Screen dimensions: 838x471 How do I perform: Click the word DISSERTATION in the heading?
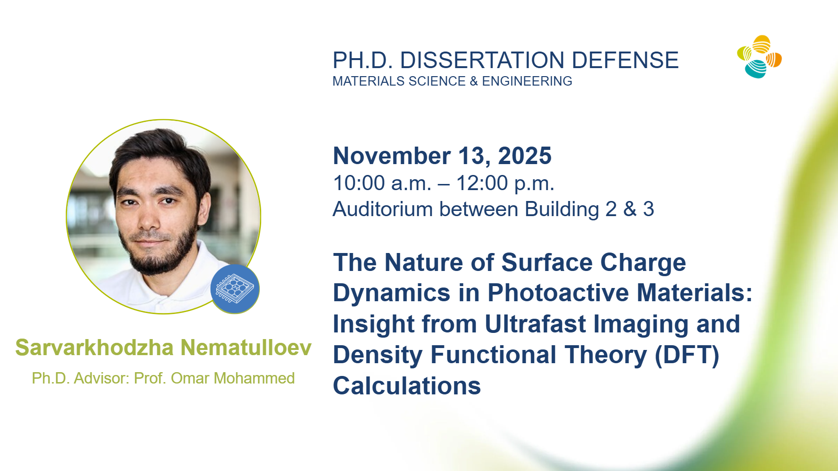[x=482, y=61]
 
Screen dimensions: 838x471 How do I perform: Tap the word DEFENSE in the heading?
[x=625, y=61]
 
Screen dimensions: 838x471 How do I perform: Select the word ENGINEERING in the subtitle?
[x=527, y=81]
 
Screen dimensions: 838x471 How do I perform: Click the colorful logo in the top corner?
[x=759, y=57]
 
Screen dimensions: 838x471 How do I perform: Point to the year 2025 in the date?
[x=525, y=156]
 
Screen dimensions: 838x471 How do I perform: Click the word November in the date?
[x=392, y=156]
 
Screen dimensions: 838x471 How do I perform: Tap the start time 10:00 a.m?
[x=382, y=183]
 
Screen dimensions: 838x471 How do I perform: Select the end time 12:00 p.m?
[x=505, y=183]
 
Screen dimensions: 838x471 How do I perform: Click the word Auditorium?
[x=383, y=209]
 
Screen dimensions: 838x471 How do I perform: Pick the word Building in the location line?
[x=562, y=209]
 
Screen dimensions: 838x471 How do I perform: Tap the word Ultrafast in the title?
[x=535, y=324]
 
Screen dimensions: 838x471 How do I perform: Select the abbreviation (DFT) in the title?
[x=687, y=355]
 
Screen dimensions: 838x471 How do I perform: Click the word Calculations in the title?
[x=407, y=386]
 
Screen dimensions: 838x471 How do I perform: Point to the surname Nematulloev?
[x=246, y=348]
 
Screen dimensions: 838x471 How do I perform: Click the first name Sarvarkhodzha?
[x=95, y=348]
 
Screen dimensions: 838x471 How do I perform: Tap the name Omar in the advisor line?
[x=190, y=378]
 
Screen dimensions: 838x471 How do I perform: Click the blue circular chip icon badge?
[x=235, y=289]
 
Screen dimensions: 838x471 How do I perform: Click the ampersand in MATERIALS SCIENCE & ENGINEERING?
[x=474, y=81]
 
